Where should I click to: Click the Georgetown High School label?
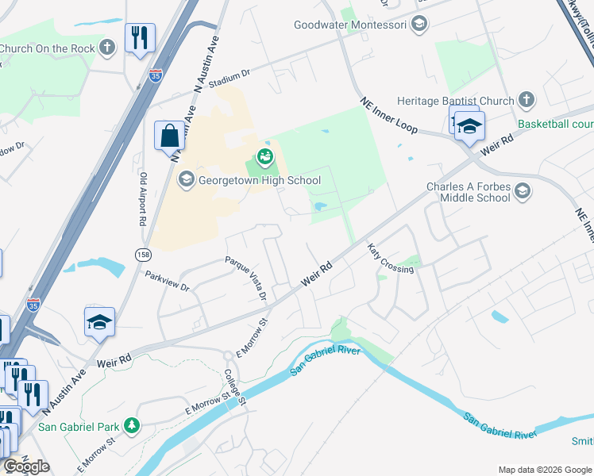click(259, 180)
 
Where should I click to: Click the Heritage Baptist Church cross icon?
click(525, 100)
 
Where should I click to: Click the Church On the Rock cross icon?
click(107, 48)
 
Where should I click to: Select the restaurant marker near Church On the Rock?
click(139, 37)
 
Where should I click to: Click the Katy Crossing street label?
click(390, 259)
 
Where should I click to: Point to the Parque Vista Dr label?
click(245, 278)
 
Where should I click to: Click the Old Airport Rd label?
click(144, 199)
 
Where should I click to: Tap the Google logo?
click(27, 466)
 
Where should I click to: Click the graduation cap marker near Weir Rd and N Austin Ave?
click(99, 322)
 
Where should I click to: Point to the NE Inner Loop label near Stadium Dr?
click(388, 116)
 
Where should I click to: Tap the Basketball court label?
click(556, 125)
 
